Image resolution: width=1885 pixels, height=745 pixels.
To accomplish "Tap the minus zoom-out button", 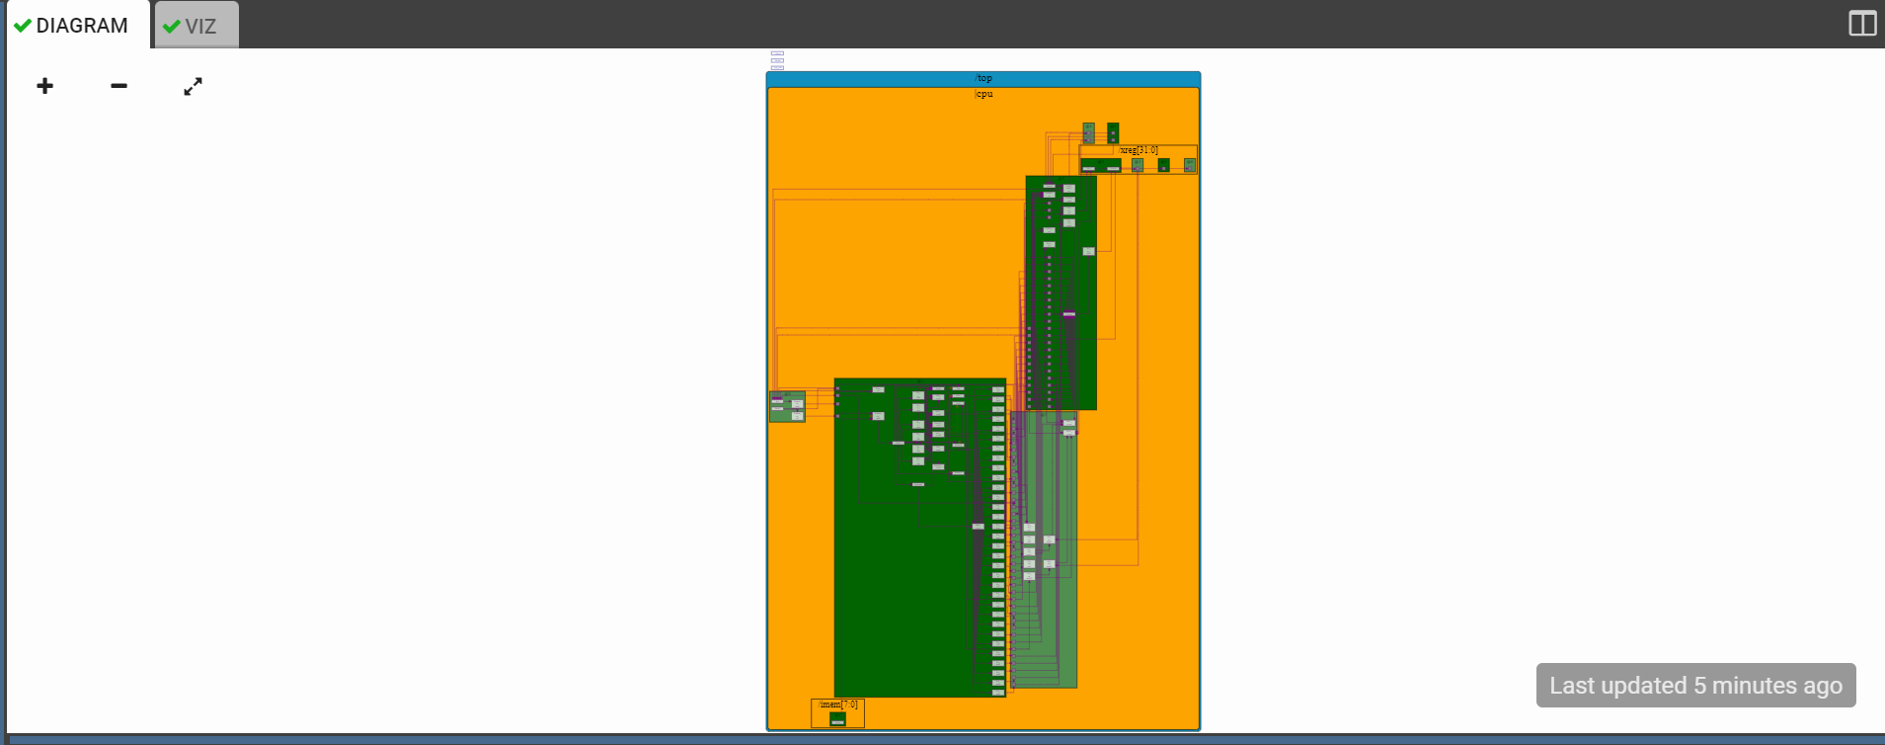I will point(118,86).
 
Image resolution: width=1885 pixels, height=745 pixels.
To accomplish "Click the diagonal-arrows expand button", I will point(193,86).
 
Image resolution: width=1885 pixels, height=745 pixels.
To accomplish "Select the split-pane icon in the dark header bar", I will point(1861,24).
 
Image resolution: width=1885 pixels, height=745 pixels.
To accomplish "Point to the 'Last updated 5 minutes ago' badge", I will point(1694,685).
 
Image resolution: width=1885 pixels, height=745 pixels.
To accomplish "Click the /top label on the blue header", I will point(983,78).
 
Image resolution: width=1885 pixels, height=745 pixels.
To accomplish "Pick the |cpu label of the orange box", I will point(983,94).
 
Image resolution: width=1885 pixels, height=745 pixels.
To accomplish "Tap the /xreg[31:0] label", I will point(1139,150).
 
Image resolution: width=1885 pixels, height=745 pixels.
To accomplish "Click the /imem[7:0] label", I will point(838,704).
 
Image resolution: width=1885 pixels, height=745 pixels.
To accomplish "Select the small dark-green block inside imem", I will point(837,718).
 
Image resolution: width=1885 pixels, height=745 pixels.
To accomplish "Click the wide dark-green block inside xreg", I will point(1100,165).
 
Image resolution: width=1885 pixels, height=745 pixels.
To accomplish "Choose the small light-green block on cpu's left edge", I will point(787,406).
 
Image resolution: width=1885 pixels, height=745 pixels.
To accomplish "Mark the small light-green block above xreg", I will point(1088,132).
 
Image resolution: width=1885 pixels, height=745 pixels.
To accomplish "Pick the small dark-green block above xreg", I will point(1113,132).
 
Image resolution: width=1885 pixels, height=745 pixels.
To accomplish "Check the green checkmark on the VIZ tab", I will point(172,27).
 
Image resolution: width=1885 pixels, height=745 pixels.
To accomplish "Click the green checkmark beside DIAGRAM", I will point(23,26).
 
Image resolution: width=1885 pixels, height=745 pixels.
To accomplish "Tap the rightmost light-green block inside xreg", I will point(1190,165).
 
